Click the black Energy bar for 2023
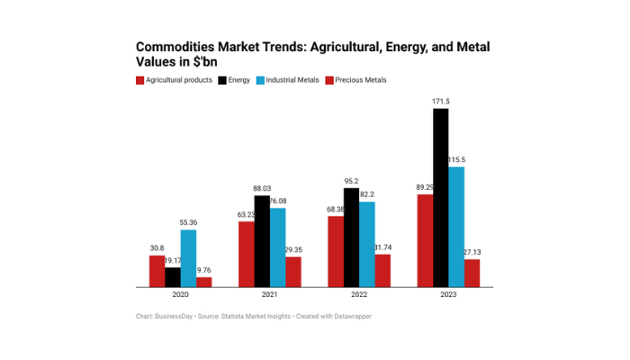[x=440, y=198]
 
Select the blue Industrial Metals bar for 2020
[x=187, y=258]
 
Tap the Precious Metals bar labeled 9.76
[x=203, y=282]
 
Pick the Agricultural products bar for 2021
[x=246, y=254]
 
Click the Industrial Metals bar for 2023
[x=456, y=227]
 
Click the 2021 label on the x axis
[x=269, y=295]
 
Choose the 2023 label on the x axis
[x=448, y=295]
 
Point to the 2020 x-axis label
[x=180, y=295]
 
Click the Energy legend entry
[x=236, y=80]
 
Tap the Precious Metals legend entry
[x=356, y=80]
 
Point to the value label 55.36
[x=187, y=222]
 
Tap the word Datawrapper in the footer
[x=352, y=316]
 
